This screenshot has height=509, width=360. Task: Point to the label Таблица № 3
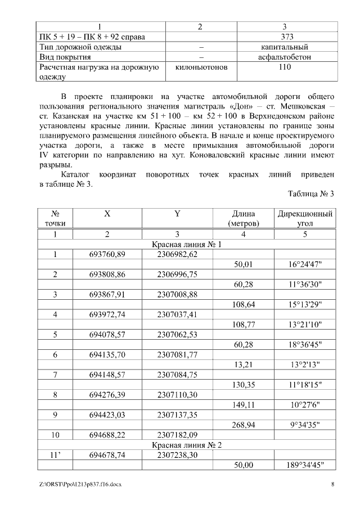[x=310, y=193]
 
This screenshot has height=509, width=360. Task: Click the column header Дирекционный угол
[x=305, y=218]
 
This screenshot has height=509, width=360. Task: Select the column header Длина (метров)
[x=243, y=218]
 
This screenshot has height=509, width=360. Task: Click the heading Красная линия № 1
[x=187, y=245]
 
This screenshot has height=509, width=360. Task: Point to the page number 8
[x=333, y=484]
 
